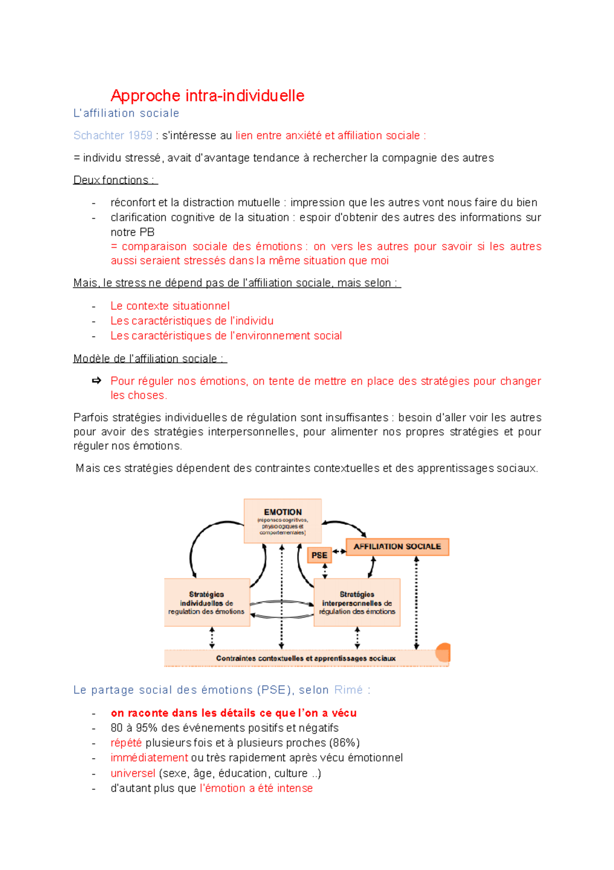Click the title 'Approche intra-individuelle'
tap(207, 96)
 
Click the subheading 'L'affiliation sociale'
tap(126, 113)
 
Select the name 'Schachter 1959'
tap(113, 135)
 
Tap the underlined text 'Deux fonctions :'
tap(115, 180)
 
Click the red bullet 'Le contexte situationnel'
tap(170, 306)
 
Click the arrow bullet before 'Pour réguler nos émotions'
tap(96, 381)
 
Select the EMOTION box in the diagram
tap(282, 521)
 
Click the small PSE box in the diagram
tap(319, 555)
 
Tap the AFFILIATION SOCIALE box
tap(397, 547)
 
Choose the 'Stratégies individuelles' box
tap(207, 603)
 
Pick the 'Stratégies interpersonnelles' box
tap(357, 603)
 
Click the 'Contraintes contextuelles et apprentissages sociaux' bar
tap(305, 658)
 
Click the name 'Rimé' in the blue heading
tap(348, 690)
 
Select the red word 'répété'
tap(126, 743)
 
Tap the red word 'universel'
tap(133, 773)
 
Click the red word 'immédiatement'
tap(149, 758)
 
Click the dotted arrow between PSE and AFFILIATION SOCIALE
tap(339, 552)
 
